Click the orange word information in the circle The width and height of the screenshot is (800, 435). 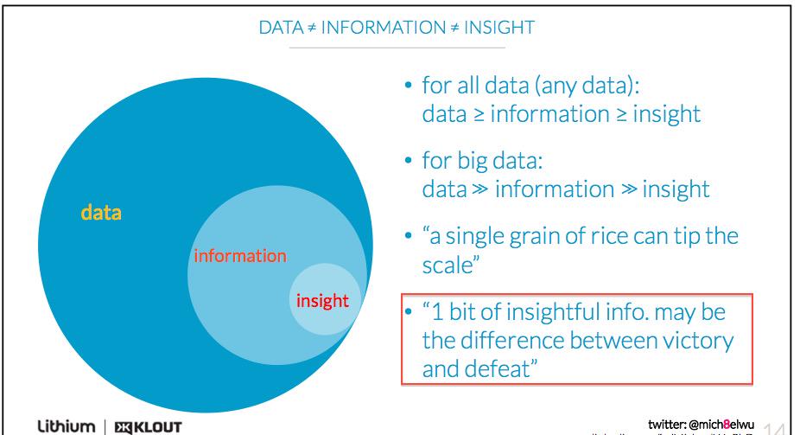(x=238, y=256)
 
